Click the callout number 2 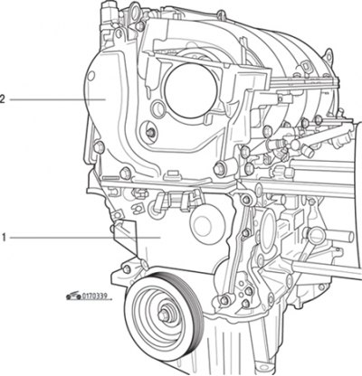(3, 99)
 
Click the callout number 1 (4, 238)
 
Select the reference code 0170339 (94, 296)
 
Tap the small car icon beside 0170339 (73, 296)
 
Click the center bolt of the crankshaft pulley (163, 315)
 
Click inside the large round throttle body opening (190, 90)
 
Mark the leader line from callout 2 (58, 99)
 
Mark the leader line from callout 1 (85, 238)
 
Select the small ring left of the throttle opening (158, 109)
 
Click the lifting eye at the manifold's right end (329, 56)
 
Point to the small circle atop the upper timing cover (90, 76)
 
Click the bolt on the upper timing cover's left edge (99, 147)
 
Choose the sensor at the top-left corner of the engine (108, 14)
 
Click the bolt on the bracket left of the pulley (127, 269)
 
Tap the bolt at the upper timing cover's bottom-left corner (125, 174)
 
